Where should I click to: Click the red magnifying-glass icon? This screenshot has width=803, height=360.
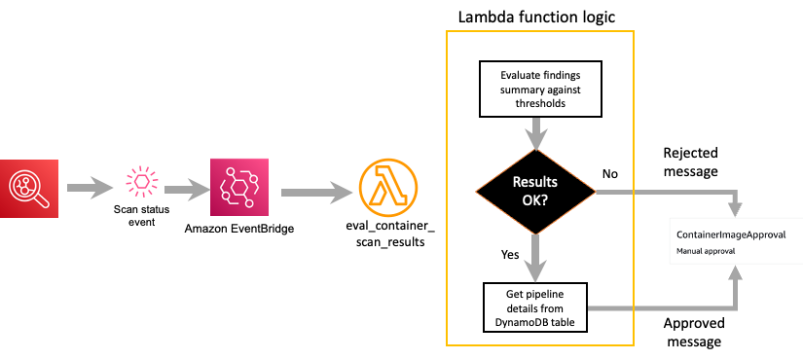(x=29, y=189)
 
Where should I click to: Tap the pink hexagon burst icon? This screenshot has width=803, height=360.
(x=142, y=181)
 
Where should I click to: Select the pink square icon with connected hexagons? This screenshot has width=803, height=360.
(x=238, y=187)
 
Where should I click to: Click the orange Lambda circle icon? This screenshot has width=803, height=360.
(x=388, y=187)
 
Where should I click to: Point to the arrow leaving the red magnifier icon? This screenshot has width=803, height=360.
(x=91, y=188)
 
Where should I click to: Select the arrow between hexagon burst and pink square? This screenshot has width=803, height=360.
(x=187, y=189)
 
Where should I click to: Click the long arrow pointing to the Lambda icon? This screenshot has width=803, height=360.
(x=316, y=193)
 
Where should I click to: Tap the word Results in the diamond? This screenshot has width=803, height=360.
(x=535, y=181)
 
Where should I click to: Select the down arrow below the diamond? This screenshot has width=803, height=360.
(x=535, y=258)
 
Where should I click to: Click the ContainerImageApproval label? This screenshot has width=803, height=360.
(x=731, y=235)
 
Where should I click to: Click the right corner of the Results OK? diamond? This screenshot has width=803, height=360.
(x=594, y=192)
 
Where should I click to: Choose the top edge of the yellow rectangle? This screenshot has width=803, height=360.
(x=540, y=32)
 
